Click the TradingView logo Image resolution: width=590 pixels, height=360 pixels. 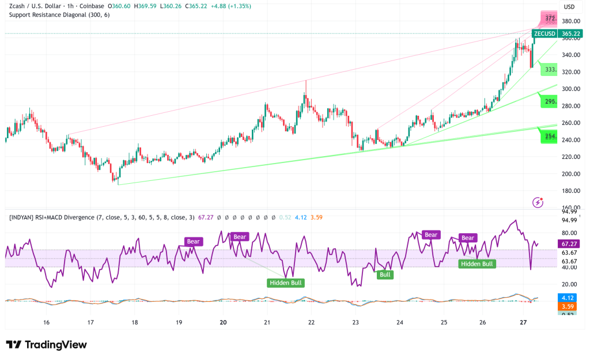coord(46,344)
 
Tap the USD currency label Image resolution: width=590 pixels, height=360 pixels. coord(569,7)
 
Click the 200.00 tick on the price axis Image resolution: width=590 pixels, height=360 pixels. coord(571,174)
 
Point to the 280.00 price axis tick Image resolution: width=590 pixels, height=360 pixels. coord(571,106)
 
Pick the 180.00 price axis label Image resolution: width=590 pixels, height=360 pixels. coord(571,191)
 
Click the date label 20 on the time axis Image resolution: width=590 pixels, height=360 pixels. coord(223,323)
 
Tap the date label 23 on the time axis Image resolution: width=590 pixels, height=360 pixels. coord(355,323)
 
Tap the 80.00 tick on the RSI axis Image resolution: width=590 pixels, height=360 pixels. coord(570,233)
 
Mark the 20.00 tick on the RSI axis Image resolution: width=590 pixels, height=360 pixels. coord(570,285)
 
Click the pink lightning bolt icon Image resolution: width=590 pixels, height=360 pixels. coord(538,202)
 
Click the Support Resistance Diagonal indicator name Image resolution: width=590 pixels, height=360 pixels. coord(58,14)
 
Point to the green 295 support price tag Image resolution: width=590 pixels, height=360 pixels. coord(550,101)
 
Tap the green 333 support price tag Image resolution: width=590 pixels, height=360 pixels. coord(550,70)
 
